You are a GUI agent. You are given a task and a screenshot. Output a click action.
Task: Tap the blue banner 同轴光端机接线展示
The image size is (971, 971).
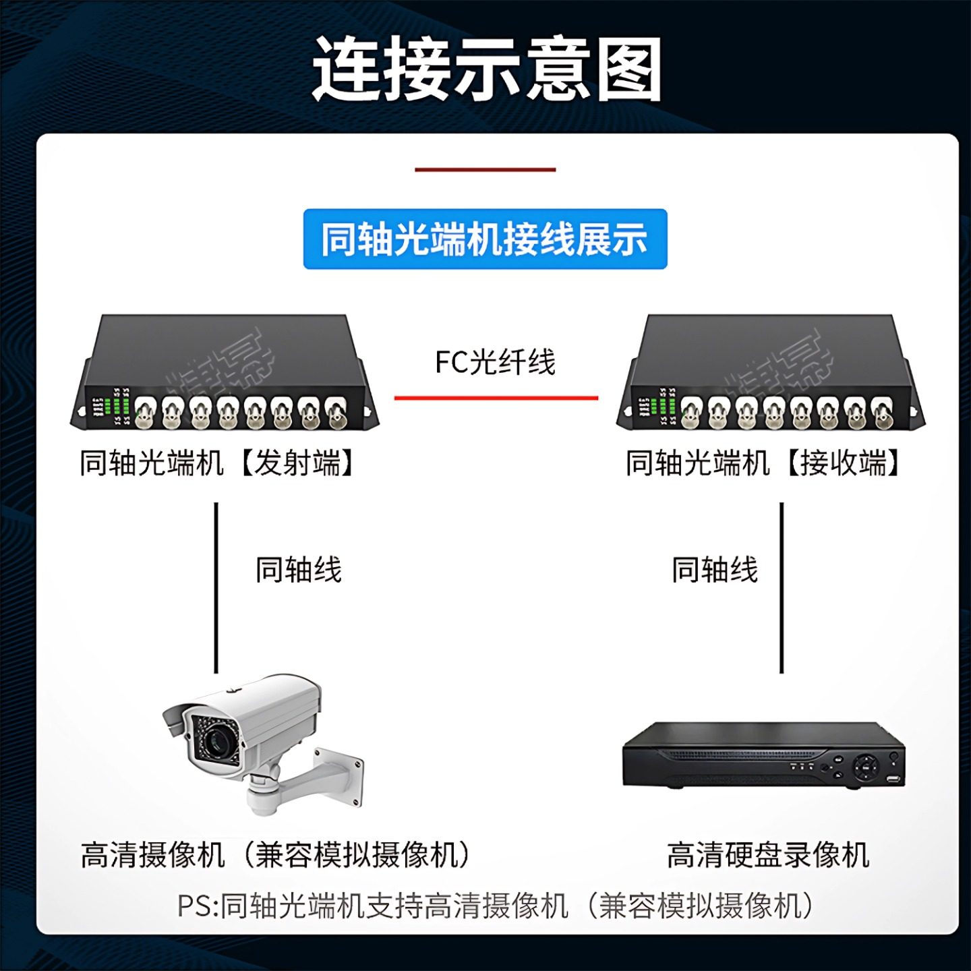tap(485, 239)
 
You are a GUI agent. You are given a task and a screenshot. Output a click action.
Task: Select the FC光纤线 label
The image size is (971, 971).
tap(495, 363)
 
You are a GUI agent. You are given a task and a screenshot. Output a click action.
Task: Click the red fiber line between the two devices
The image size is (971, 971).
tap(496, 398)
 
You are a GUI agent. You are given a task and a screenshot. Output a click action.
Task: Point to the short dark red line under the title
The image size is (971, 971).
tap(485, 170)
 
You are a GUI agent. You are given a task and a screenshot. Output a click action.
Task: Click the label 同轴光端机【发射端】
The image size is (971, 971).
tap(217, 463)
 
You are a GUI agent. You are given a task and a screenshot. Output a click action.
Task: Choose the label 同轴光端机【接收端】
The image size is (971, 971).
tap(763, 463)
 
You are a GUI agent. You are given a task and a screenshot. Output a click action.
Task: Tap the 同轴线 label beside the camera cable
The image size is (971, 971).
tap(299, 570)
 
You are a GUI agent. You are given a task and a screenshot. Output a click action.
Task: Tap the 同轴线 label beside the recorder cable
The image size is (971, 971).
tap(715, 570)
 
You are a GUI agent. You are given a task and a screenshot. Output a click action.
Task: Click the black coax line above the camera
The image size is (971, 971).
tap(216, 587)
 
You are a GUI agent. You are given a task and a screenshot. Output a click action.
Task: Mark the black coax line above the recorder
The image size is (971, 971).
tap(782, 587)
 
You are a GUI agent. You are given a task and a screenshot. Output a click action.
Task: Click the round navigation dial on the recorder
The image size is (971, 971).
tap(864, 766)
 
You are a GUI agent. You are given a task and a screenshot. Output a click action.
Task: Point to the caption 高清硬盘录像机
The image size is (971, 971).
tap(768, 855)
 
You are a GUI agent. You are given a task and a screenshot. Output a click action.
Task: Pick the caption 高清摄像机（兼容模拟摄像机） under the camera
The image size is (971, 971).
tap(275, 855)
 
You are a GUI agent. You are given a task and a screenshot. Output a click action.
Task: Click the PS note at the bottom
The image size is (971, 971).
tap(496, 905)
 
